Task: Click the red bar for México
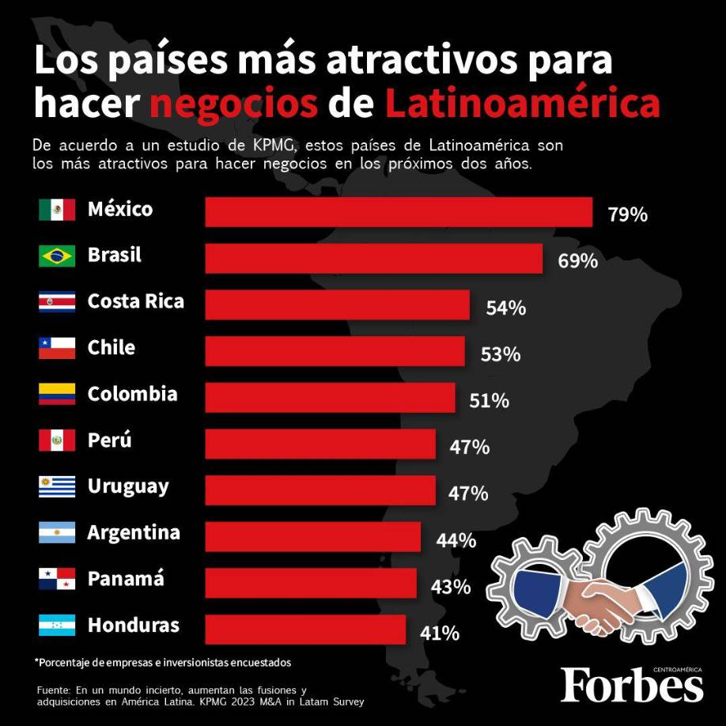[399, 212]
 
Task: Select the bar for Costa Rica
[337, 305]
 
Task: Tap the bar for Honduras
[305, 630]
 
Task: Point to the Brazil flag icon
[57, 256]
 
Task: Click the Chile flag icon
[57, 348]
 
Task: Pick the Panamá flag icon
[57, 580]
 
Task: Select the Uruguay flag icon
[57, 486]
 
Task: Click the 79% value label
[628, 214]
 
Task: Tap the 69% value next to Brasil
[577, 261]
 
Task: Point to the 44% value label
[456, 541]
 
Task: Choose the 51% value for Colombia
[489, 401]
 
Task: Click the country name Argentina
[134, 533]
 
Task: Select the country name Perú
[110, 441]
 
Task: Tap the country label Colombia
[132, 394]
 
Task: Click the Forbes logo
[632, 684]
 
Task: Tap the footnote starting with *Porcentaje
[163, 661]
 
